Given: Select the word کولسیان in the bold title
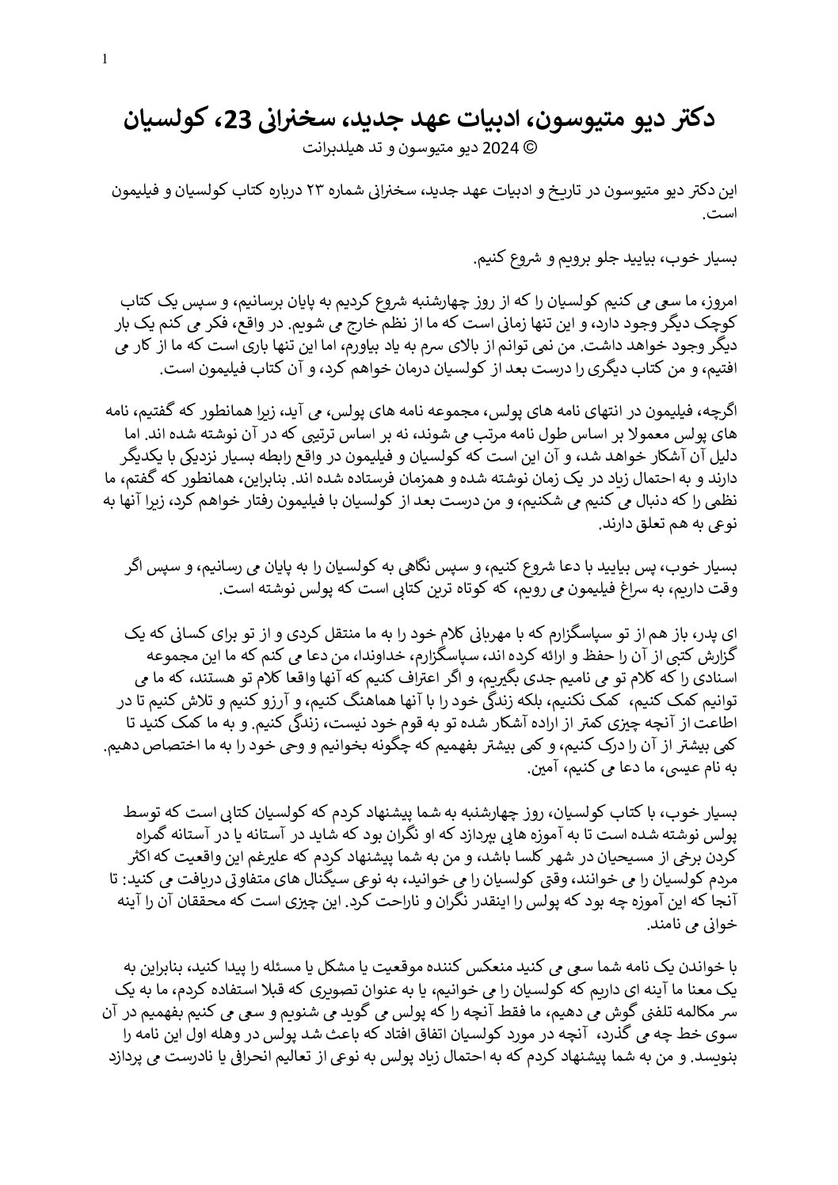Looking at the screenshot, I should [162, 120].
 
